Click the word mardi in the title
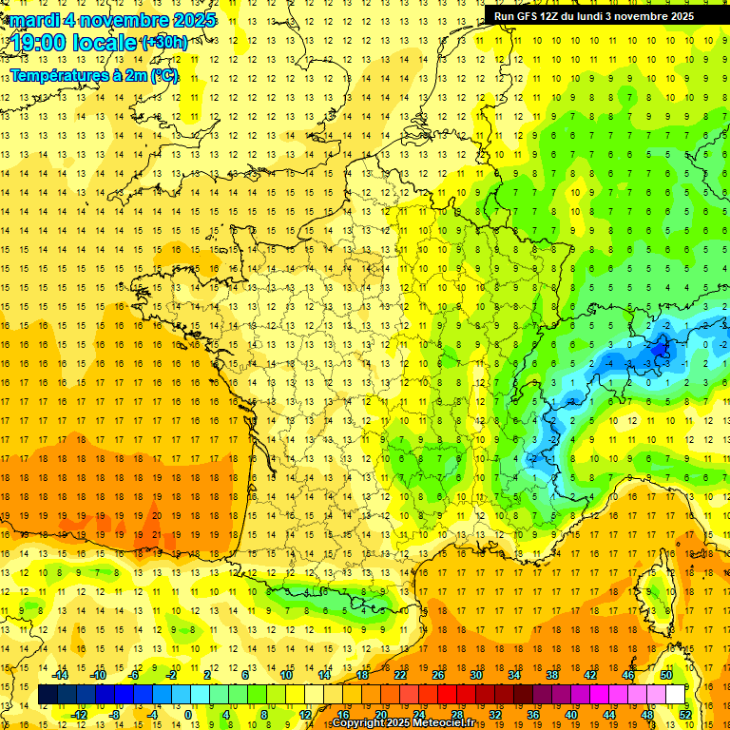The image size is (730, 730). pos(29,20)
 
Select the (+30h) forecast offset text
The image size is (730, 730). pos(164,43)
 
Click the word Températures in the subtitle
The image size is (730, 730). pos(57,75)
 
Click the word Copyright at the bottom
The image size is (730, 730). pos(357,723)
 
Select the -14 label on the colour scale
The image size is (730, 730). pos(61,675)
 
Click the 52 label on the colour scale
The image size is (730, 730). pos(685,715)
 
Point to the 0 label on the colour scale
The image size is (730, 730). pos(188,715)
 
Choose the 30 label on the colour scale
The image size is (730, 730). pos(475,675)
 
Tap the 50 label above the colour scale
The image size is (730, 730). pos(666,675)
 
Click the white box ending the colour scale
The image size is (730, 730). pos(676,695)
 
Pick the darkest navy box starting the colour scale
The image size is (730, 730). pos(48,695)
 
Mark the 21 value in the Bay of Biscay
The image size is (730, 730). pos(155,534)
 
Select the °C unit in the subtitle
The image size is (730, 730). pos(163,75)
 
